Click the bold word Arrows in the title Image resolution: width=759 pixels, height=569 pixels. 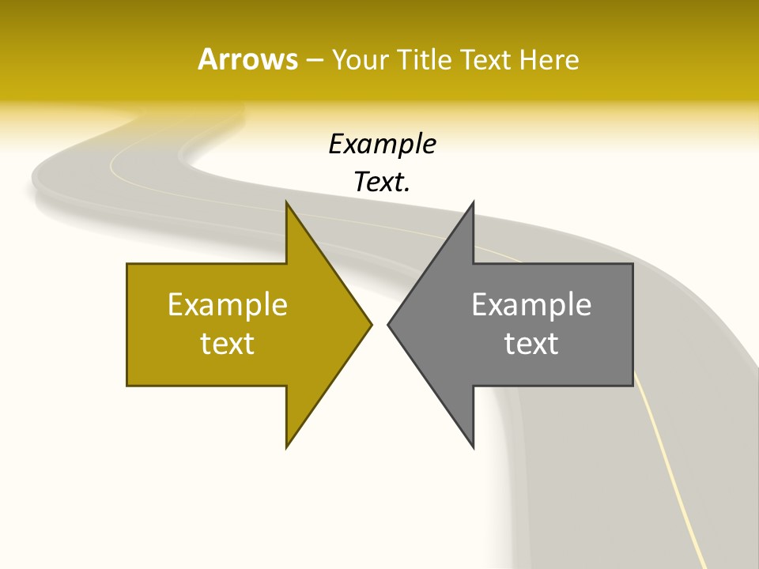point(247,59)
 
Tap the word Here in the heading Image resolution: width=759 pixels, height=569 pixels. point(549,59)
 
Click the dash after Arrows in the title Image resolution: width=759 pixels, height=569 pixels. point(314,60)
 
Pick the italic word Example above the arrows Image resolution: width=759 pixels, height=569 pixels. point(383,144)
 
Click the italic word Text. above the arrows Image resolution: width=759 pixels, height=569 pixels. point(383,183)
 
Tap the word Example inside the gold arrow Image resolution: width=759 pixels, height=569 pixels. point(228,304)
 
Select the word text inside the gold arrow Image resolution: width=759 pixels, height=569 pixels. point(228,344)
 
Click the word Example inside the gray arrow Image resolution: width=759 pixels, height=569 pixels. point(531,304)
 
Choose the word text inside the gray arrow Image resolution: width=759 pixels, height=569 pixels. point(531,344)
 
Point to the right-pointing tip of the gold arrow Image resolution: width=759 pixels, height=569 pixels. point(372,324)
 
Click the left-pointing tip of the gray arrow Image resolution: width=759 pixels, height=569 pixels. point(388,324)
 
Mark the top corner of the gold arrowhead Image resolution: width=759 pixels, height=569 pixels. point(286,202)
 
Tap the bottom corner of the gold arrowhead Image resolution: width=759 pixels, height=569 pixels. point(286,447)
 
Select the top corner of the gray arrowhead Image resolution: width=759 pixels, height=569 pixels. point(473,202)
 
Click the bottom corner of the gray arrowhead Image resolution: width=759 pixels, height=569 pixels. point(473,447)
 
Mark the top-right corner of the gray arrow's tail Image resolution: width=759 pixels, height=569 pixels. point(632,264)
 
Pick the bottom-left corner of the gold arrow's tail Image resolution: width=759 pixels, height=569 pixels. point(127,386)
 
